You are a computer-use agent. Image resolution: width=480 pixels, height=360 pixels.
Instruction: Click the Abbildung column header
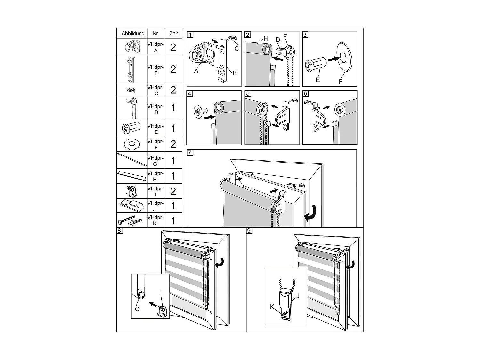point(133,33)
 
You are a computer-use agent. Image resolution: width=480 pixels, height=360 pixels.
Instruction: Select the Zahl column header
point(174,33)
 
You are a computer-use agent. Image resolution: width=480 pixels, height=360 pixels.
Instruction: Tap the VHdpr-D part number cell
point(156,109)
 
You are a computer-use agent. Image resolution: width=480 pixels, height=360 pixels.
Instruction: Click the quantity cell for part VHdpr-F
point(173,144)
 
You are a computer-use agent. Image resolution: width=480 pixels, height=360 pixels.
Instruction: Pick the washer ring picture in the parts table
point(131,144)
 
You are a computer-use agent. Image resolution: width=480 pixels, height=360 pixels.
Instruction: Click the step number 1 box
point(190,35)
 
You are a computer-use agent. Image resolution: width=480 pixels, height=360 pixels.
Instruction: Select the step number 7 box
point(190,153)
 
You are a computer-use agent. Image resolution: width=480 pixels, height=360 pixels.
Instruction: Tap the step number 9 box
point(249,230)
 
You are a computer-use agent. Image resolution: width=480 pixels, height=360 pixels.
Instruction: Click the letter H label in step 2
point(265,39)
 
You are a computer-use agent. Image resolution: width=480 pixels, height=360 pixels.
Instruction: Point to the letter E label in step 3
point(318,80)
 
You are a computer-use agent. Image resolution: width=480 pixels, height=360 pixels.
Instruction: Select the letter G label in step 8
point(137,308)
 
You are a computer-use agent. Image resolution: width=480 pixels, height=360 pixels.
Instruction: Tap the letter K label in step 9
point(272,307)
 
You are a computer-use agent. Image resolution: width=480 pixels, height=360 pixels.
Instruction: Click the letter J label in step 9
point(298,296)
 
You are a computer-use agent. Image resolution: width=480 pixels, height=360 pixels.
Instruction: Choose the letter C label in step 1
point(236,49)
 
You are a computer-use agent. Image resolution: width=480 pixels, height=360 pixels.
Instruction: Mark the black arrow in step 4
point(210,117)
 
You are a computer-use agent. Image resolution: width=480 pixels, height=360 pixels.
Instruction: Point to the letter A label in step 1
point(196,71)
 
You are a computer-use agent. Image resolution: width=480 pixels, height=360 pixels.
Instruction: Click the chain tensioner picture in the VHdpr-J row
point(131,205)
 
